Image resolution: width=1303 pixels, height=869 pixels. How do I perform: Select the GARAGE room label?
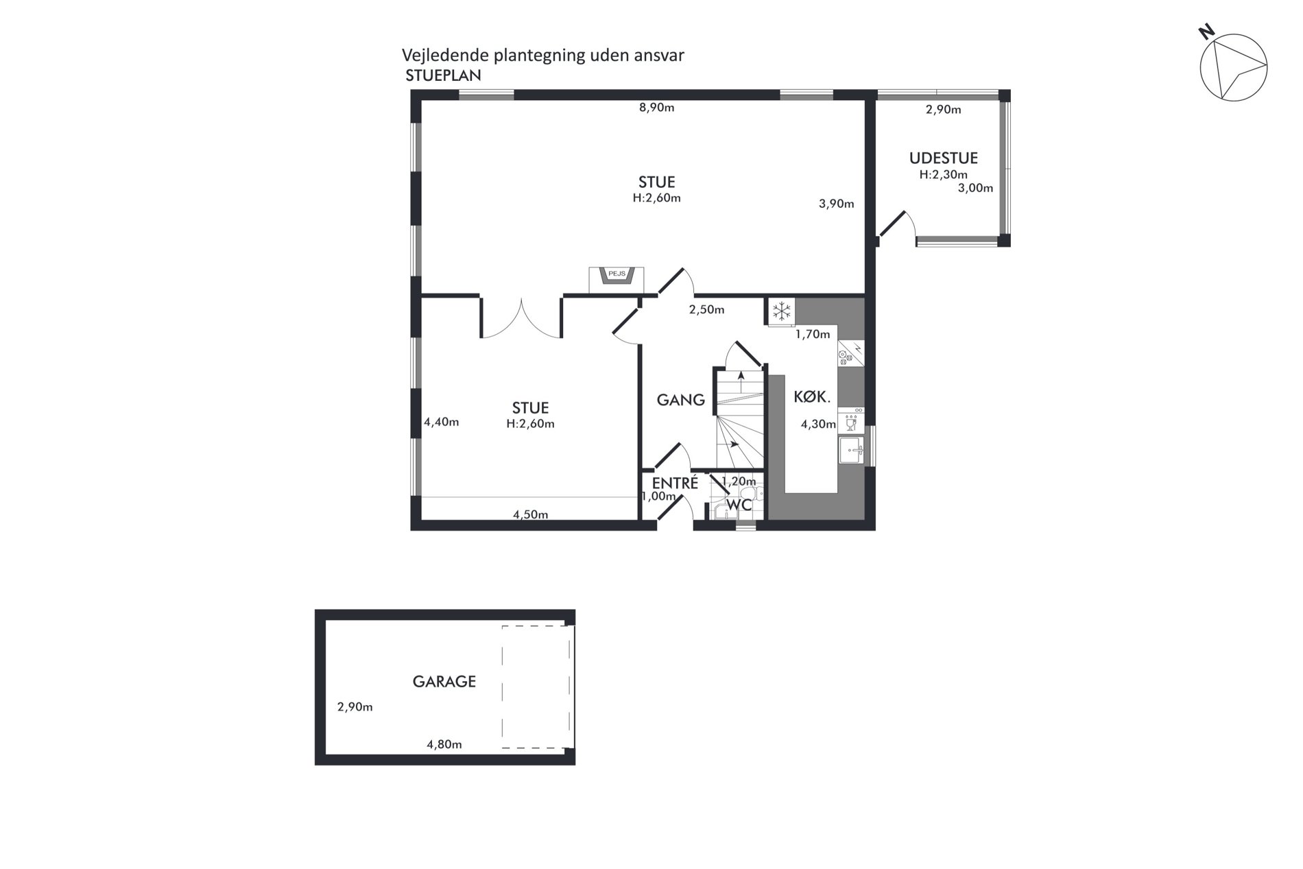click(x=444, y=682)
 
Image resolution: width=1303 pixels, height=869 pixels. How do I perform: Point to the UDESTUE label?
click(x=944, y=158)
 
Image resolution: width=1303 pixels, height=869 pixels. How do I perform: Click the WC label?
click(x=739, y=505)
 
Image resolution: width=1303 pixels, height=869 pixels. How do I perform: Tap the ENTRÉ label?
click(x=675, y=482)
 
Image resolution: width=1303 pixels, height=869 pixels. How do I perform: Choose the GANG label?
click(x=681, y=400)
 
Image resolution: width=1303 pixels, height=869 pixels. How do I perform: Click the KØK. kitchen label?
click(x=813, y=396)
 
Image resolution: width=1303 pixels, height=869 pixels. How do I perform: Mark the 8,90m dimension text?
click(x=657, y=108)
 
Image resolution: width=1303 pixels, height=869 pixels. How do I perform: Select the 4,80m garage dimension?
click(x=444, y=744)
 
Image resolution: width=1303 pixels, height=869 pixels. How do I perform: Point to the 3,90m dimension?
click(x=837, y=204)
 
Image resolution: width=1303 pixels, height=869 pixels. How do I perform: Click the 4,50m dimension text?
click(x=531, y=515)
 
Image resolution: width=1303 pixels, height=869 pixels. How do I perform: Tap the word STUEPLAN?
click(x=443, y=76)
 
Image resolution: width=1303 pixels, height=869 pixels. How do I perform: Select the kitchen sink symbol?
click(x=852, y=451)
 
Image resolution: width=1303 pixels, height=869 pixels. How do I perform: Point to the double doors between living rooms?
click(x=521, y=318)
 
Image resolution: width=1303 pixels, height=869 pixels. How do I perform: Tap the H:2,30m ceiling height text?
click(x=944, y=175)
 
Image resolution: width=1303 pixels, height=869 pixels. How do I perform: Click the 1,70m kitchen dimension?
click(x=813, y=335)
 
